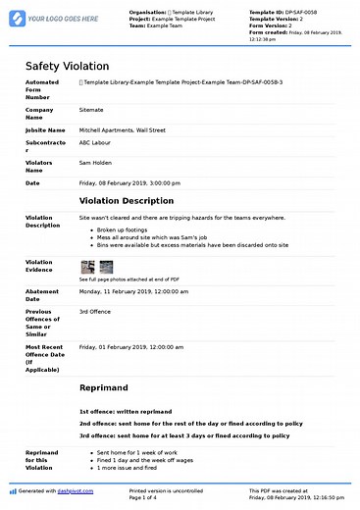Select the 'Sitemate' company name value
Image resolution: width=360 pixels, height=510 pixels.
click(93, 111)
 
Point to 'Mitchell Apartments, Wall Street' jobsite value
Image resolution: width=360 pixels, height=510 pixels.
click(123, 129)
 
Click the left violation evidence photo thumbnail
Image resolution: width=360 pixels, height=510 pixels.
click(86, 267)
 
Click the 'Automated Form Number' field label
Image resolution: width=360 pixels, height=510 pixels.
click(42, 89)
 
